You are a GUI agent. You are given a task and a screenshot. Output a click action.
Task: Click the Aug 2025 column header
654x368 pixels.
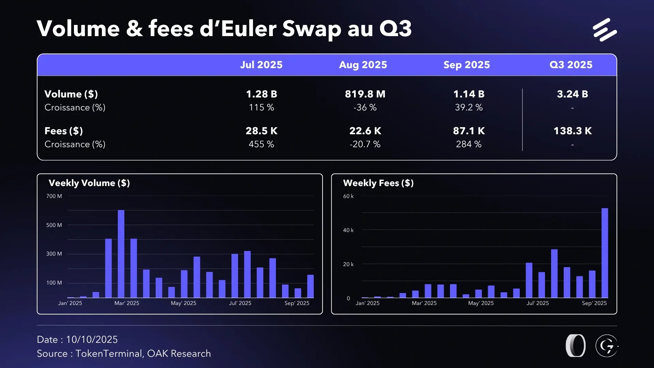pyautogui.click(x=363, y=65)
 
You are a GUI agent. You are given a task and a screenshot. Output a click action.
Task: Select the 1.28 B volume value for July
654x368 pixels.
pyautogui.click(x=261, y=94)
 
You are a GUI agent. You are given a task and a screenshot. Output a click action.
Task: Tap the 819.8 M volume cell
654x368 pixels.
pyautogui.click(x=365, y=94)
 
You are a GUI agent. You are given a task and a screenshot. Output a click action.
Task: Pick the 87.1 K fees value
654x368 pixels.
pyautogui.click(x=469, y=131)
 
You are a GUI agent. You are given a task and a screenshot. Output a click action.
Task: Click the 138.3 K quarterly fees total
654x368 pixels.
pyautogui.click(x=572, y=131)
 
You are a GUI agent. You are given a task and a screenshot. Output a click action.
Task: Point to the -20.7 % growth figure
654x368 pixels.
pyautogui.click(x=365, y=144)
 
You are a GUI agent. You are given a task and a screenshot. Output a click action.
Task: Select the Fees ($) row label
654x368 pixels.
pyautogui.click(x=64, y=131)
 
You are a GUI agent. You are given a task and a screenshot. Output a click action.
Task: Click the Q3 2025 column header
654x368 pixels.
pyautogui.click(x=571, y=65)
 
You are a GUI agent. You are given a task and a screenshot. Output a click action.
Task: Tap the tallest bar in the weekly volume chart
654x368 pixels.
pyautogui.click(x=121, y=254)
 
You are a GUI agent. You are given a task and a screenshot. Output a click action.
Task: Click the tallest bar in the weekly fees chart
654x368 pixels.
pyautogui.click(x=605, y=253)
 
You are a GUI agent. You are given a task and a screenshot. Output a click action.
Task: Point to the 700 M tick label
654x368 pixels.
pyautogui.click(x=54, y=196)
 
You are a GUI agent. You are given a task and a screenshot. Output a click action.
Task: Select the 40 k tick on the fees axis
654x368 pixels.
pyautogui.click(x=348, y=230)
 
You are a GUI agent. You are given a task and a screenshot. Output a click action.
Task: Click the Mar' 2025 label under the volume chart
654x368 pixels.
pyautogui.click(x=127, y=303)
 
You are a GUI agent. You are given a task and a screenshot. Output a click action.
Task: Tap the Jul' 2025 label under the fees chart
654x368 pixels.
pyautogui.click(x=538, y=303)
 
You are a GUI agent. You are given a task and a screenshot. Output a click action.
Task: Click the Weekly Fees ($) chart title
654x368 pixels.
pyautogui.click(x=378, y=183)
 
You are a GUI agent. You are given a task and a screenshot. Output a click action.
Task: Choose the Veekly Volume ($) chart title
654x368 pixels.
pyautogui.click(x=89, y=183)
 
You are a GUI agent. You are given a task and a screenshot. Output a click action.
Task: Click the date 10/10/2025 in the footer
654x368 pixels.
pyautogui.click(x=92, y=340)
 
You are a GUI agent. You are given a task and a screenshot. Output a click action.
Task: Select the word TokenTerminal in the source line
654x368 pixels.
pyautogui.click(x=108, y=354)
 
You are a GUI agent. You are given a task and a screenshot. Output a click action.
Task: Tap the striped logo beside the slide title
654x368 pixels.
pyautogui.click(x=605, y=30)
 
